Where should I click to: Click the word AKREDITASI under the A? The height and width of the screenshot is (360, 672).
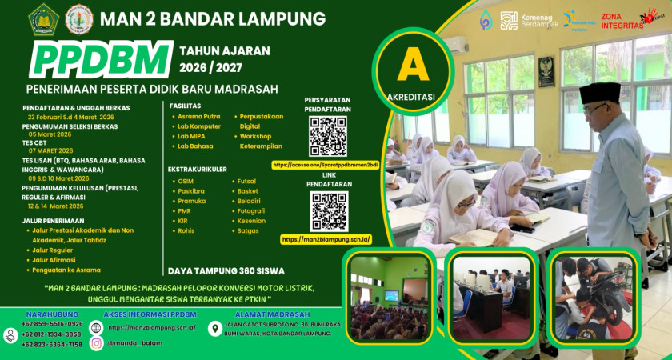coord(413,98)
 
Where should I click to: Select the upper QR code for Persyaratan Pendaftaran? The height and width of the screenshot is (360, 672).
coord(328,136)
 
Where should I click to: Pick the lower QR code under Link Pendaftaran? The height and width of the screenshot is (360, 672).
coord(328,211)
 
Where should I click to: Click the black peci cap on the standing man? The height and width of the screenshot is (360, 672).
coord(599,92)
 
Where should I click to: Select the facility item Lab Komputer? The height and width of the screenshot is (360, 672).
coord(199,126)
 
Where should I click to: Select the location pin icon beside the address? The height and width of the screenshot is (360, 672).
coord(214,328)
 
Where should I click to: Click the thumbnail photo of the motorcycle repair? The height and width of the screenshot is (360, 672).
coord(594,298)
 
